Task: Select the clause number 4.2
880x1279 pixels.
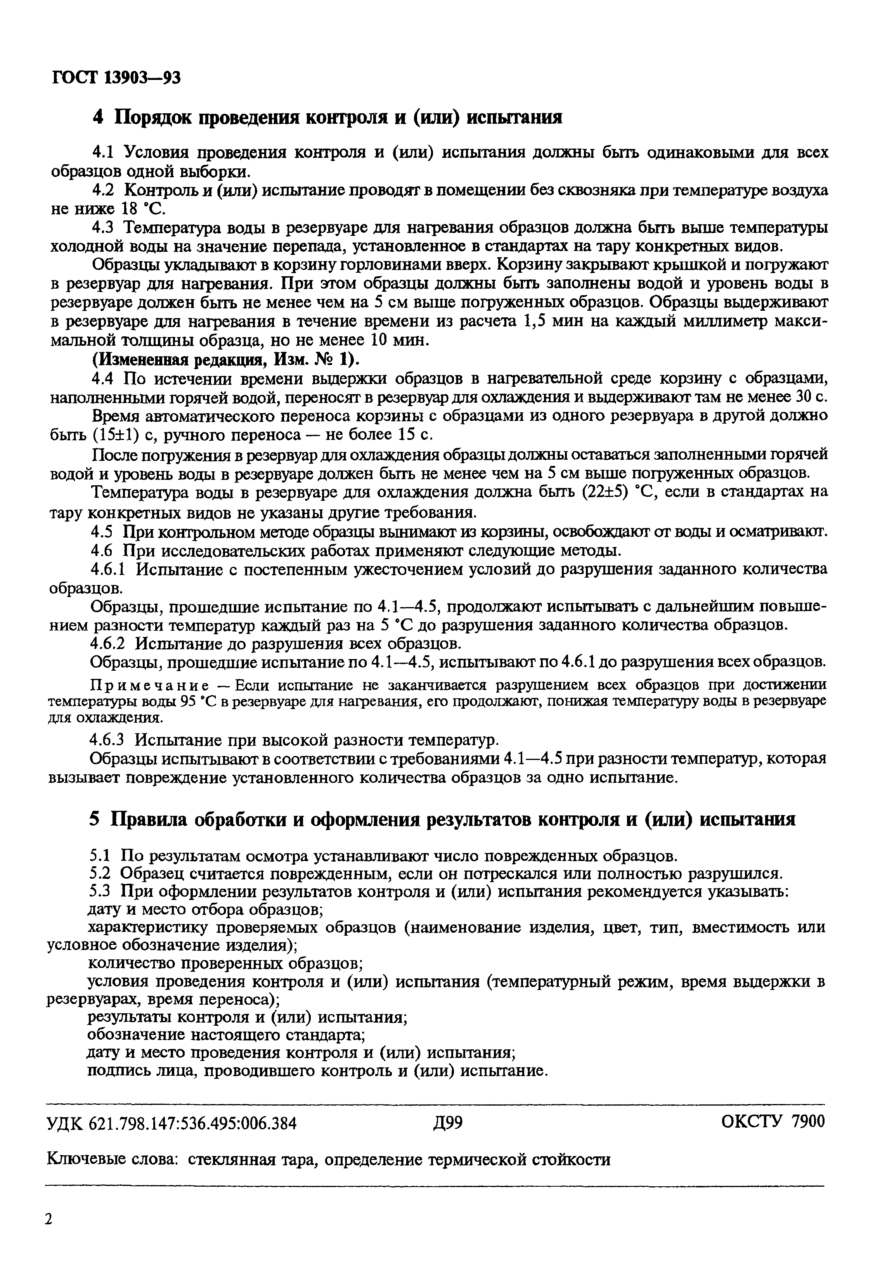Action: (x=102, y=190)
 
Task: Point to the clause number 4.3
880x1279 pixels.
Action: (x=102, y=228)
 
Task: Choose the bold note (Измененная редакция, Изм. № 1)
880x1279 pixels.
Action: (x=225, y=360)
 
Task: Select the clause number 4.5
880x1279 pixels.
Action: (x=102, y=532)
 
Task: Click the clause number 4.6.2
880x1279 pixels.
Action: (x=109, y=643)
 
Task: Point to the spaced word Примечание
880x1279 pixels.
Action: (x=149, y=685)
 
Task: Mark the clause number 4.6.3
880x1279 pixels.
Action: (x=109, y=739)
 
